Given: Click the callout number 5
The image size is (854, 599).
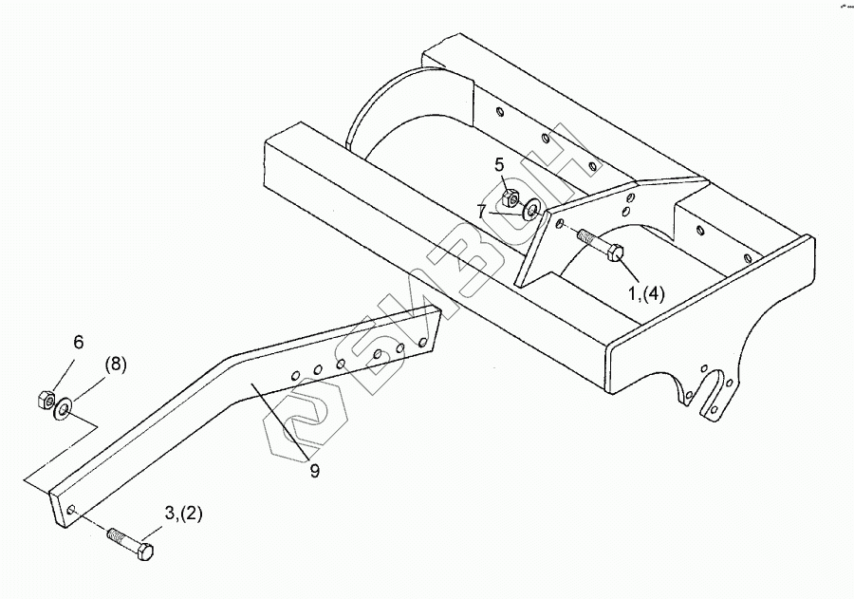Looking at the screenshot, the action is (499, 164).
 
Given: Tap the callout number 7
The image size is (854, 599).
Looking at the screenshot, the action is (482, 211).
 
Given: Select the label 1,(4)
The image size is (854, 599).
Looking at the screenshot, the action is (645, 293).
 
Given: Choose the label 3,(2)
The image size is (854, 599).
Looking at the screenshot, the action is (183, 514).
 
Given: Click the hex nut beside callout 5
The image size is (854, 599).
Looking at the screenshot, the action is (510, 198).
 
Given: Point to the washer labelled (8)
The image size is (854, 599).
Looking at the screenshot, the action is (64, 408).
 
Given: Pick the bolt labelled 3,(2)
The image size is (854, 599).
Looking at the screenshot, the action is (131, 542).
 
